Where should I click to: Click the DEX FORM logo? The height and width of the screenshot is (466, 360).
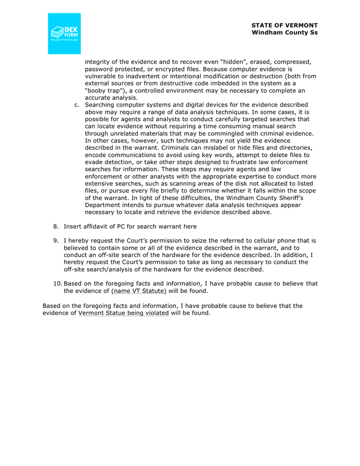point(65,33)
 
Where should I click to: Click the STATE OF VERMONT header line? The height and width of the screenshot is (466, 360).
point(284,25)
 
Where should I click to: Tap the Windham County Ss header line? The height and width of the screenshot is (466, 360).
point(284,33)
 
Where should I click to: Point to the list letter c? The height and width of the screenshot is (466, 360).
point(77,105)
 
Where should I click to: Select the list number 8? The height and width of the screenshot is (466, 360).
point(56,226)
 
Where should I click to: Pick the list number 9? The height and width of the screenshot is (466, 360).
point(56,241)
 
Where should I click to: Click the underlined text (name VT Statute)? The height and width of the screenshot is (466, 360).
point(137,291)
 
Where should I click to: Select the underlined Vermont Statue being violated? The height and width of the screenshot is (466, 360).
point(123,313)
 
